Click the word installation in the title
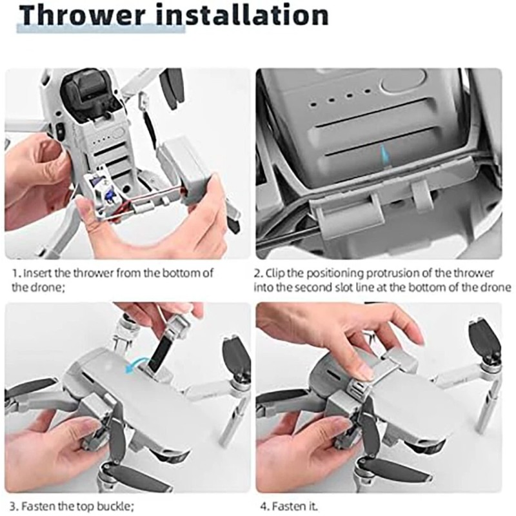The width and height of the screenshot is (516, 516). pyautogui.click(x=244, y=17)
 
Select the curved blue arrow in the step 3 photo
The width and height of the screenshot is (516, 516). pyautogui.click(x=136, y=366)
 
